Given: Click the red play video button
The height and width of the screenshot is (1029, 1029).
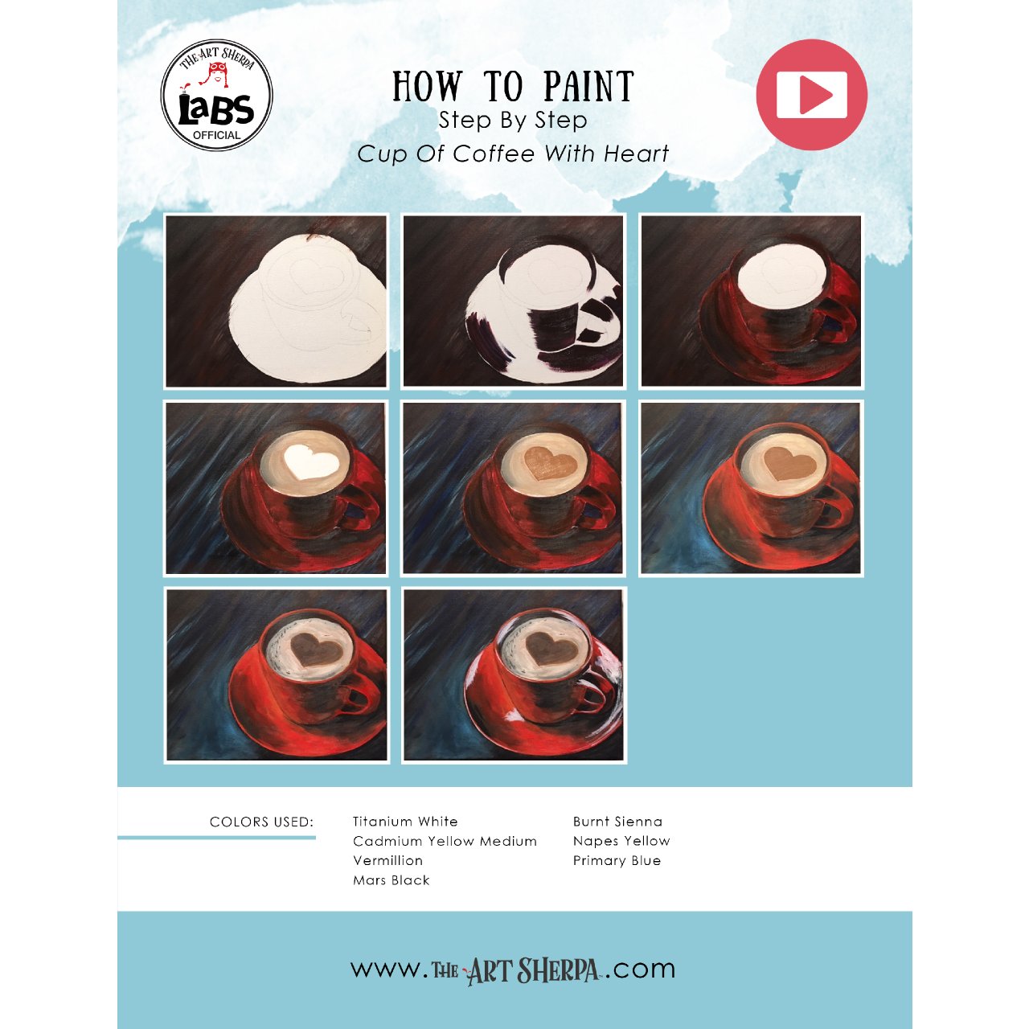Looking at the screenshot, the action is tap(811, 95).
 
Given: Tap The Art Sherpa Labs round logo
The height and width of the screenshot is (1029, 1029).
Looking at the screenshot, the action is tap(217, 95).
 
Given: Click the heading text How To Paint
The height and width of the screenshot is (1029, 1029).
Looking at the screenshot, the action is tap(513, 86).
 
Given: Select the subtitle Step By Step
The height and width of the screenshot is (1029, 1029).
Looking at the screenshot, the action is tap(513, 121).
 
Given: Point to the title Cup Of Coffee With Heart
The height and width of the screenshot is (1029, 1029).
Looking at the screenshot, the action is tap(513, 154).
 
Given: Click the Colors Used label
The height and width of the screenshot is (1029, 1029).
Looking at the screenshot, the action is tap(261, 822).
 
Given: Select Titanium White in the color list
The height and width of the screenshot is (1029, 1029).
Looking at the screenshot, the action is tap(405, 822).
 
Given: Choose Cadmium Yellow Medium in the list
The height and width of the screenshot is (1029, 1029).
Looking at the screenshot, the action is tap(445, 841).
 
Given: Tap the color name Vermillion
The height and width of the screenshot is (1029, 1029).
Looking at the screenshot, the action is tap(388, 861).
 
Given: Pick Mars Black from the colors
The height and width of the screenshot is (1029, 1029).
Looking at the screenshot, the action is tap(392, 880).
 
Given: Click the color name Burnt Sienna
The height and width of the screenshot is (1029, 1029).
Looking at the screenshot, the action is tap(617, 822).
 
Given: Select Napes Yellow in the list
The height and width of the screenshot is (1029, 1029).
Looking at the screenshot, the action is tap(621, 841).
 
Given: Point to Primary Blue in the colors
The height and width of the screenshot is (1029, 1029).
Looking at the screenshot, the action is tap(617, 861).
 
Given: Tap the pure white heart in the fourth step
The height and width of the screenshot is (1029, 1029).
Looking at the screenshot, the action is tap(310, 461).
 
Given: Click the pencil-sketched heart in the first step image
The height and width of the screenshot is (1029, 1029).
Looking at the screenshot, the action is tap(317, 276).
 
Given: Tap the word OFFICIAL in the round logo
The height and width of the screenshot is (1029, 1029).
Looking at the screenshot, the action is tap(217, 135).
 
